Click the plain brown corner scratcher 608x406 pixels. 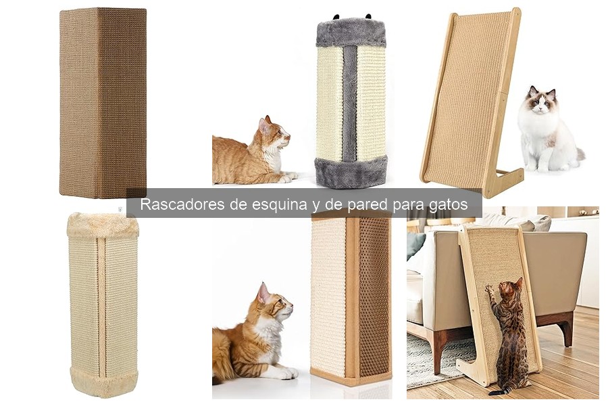click(103, 101)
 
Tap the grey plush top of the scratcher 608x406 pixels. click(351, 32)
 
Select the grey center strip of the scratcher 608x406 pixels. click(349, 101)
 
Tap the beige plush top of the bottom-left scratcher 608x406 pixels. click(103, 225)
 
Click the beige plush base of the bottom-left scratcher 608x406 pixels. click(103, 382)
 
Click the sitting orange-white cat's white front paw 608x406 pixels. click(287, 373)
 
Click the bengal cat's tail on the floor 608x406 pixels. click(500, 391)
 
